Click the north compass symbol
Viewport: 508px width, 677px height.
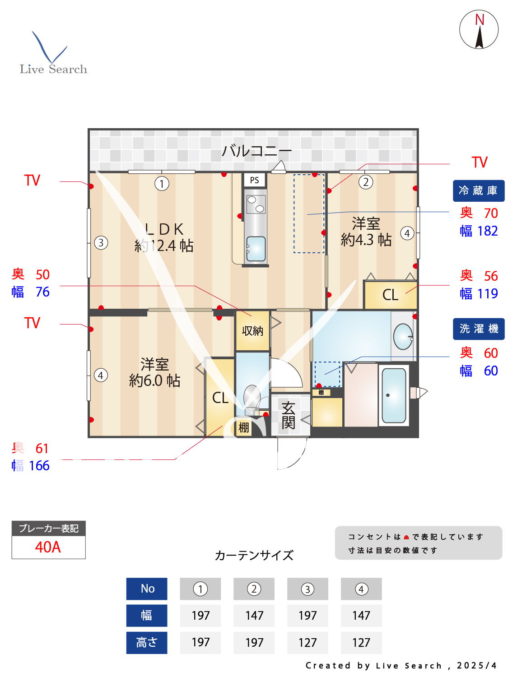pyautogui.click(x=479, y=29)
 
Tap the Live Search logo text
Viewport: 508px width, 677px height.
pyautogui.click(x=53, y=69)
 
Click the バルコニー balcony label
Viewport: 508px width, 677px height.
pyautogui.click(x=256, y=150)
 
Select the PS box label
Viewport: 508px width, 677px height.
pyautogui.click(x=254, y=180)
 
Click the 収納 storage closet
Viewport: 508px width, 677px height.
pyautogui.click(x=252, y=331)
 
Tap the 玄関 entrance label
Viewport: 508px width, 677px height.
pyautogui.click(x=288, y=415)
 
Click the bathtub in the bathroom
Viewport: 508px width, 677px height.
pyautogui.click(x=394, y=395)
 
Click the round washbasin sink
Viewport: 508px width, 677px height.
pyautogui.click(x=403, y=336)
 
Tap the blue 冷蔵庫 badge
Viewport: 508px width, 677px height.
pyautogui.click(x=478, y=190)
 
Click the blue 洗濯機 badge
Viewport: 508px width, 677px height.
pyautogui.click(x=478, y=329)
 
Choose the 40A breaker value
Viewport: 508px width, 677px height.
pyautogui.click(x=48, y=547)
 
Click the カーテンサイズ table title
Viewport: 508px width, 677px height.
pyautogui.click(x=254, y=555)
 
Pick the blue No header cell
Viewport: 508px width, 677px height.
pyautogui.click(x=147, y=589)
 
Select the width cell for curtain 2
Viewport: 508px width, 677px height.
pyautogui.click(x=254, y=615)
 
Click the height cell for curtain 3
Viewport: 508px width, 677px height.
pyautogui.click(x=308, y=642)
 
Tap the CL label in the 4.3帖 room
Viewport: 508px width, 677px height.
pyautogui.click(x=390, y=295)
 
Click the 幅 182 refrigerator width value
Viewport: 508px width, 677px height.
pyautogui.click(x=479, y=231)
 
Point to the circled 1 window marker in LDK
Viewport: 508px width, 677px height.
pyautogui.click(x=162, y=184)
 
